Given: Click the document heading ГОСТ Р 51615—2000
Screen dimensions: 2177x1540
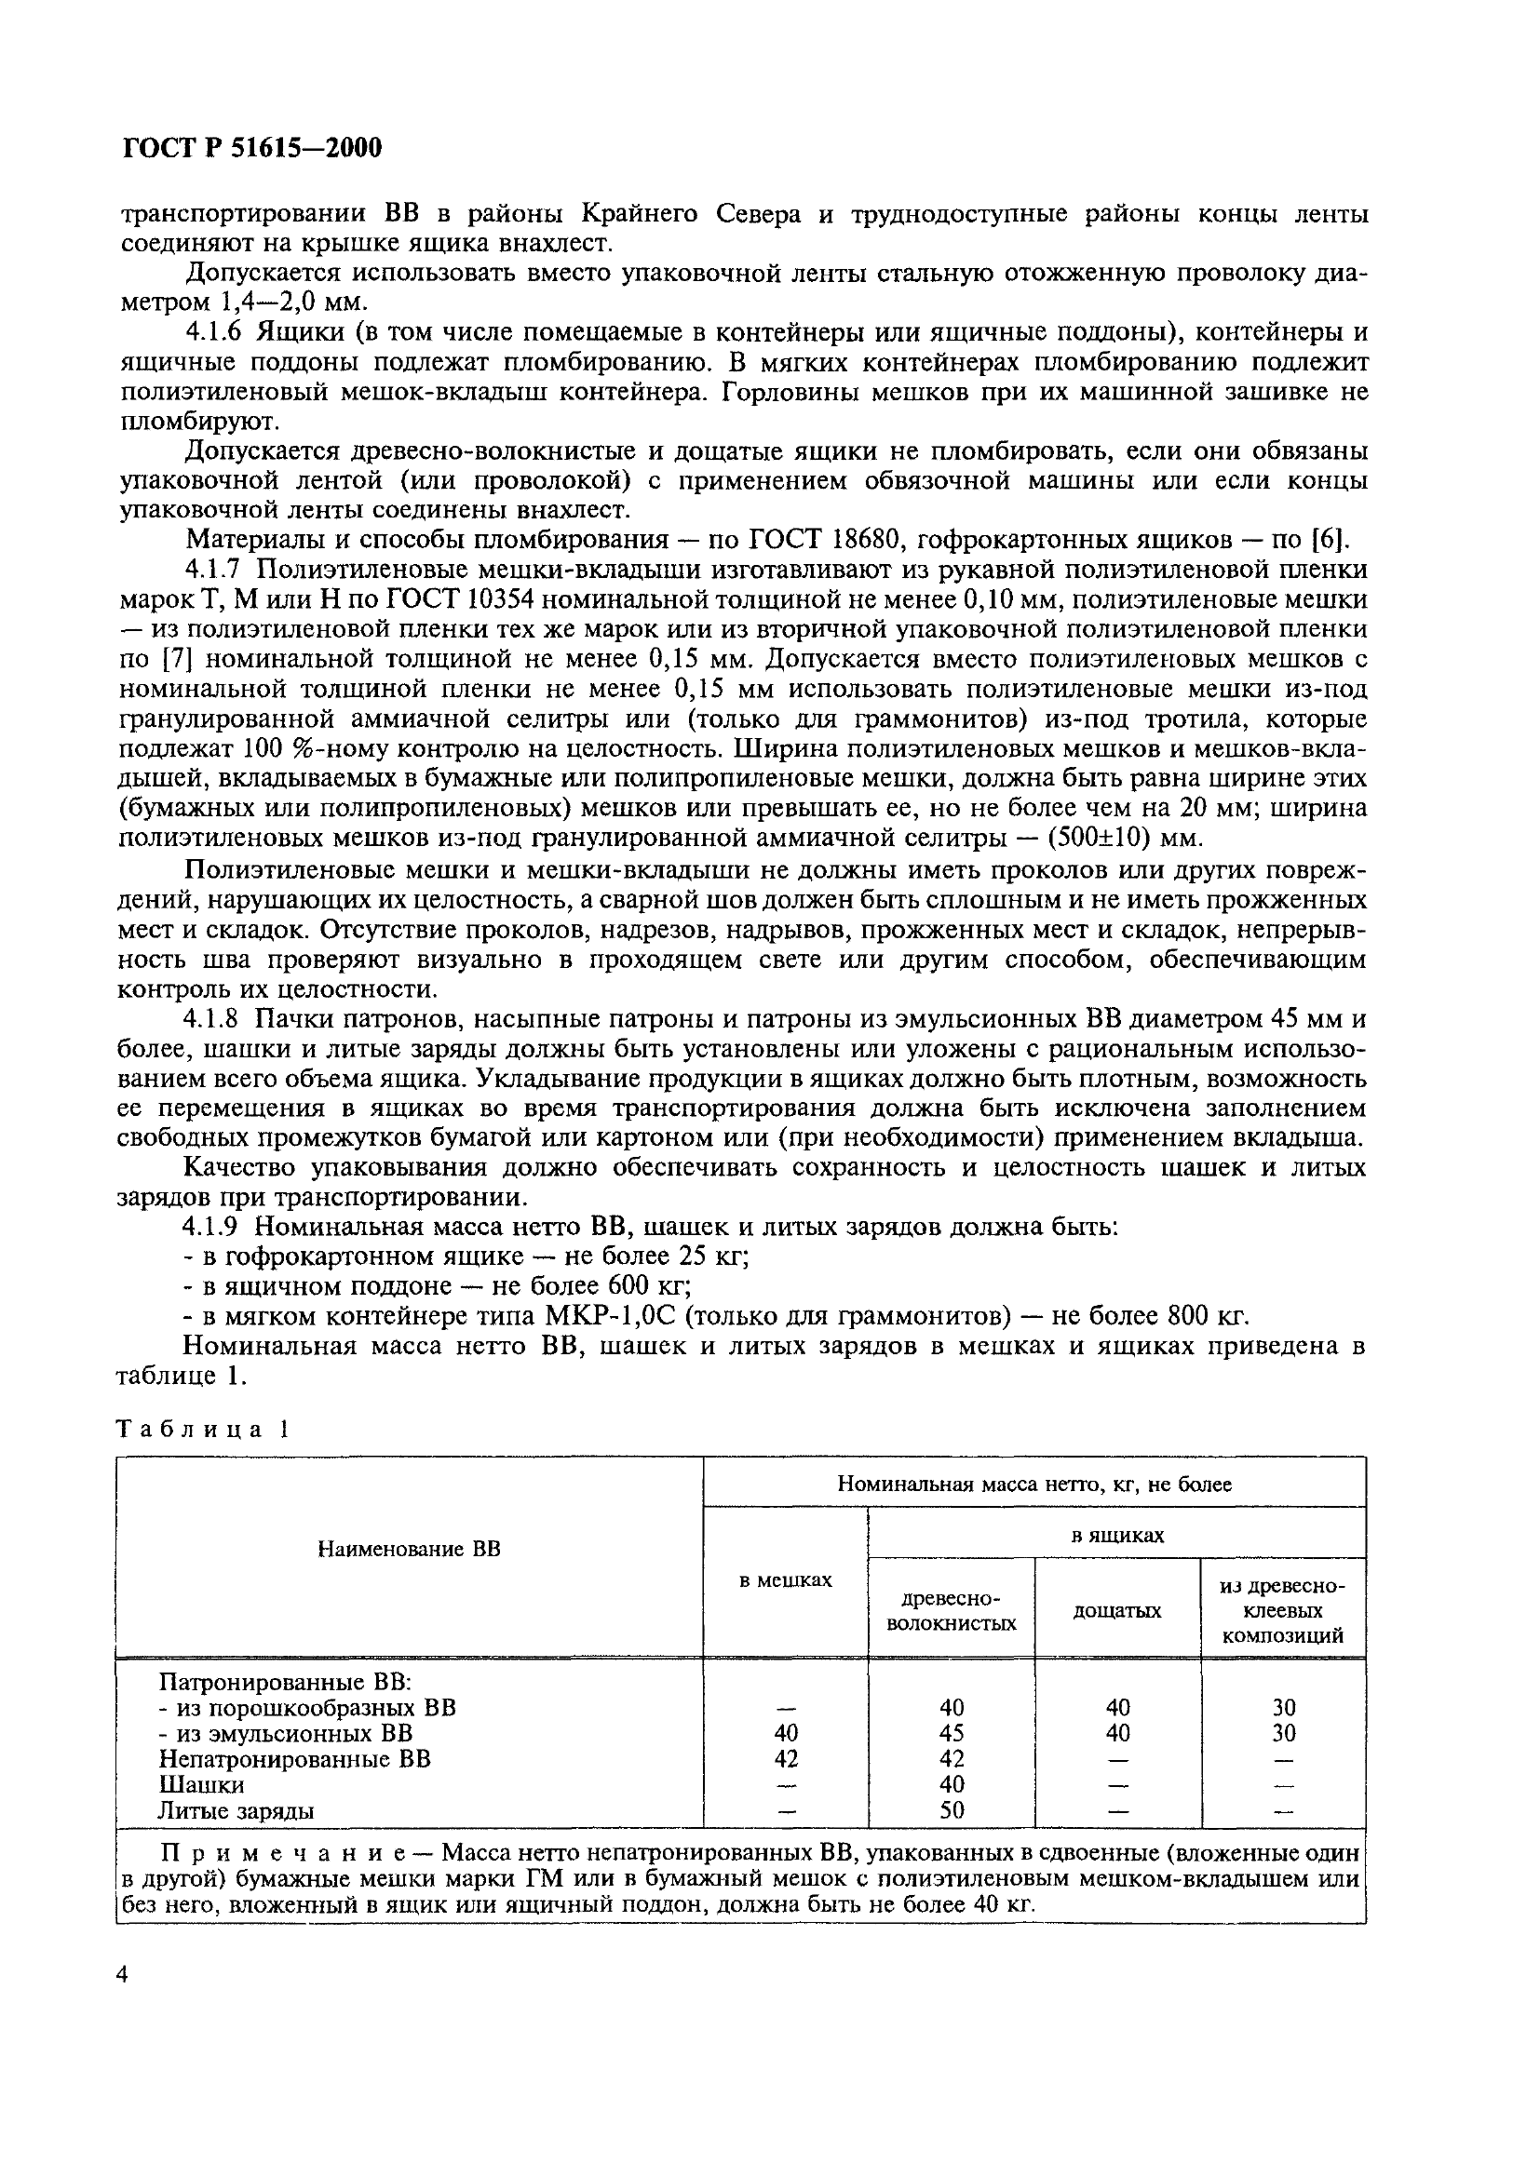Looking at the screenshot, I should (252, 148).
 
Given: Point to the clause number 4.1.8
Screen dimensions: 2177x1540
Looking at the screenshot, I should (215, 1019).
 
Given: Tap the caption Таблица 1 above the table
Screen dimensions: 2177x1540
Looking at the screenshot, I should (202, 1430).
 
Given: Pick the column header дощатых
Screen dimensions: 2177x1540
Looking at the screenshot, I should (1117, 1611).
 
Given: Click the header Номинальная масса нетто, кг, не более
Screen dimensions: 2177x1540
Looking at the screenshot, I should (1033, 1485).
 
